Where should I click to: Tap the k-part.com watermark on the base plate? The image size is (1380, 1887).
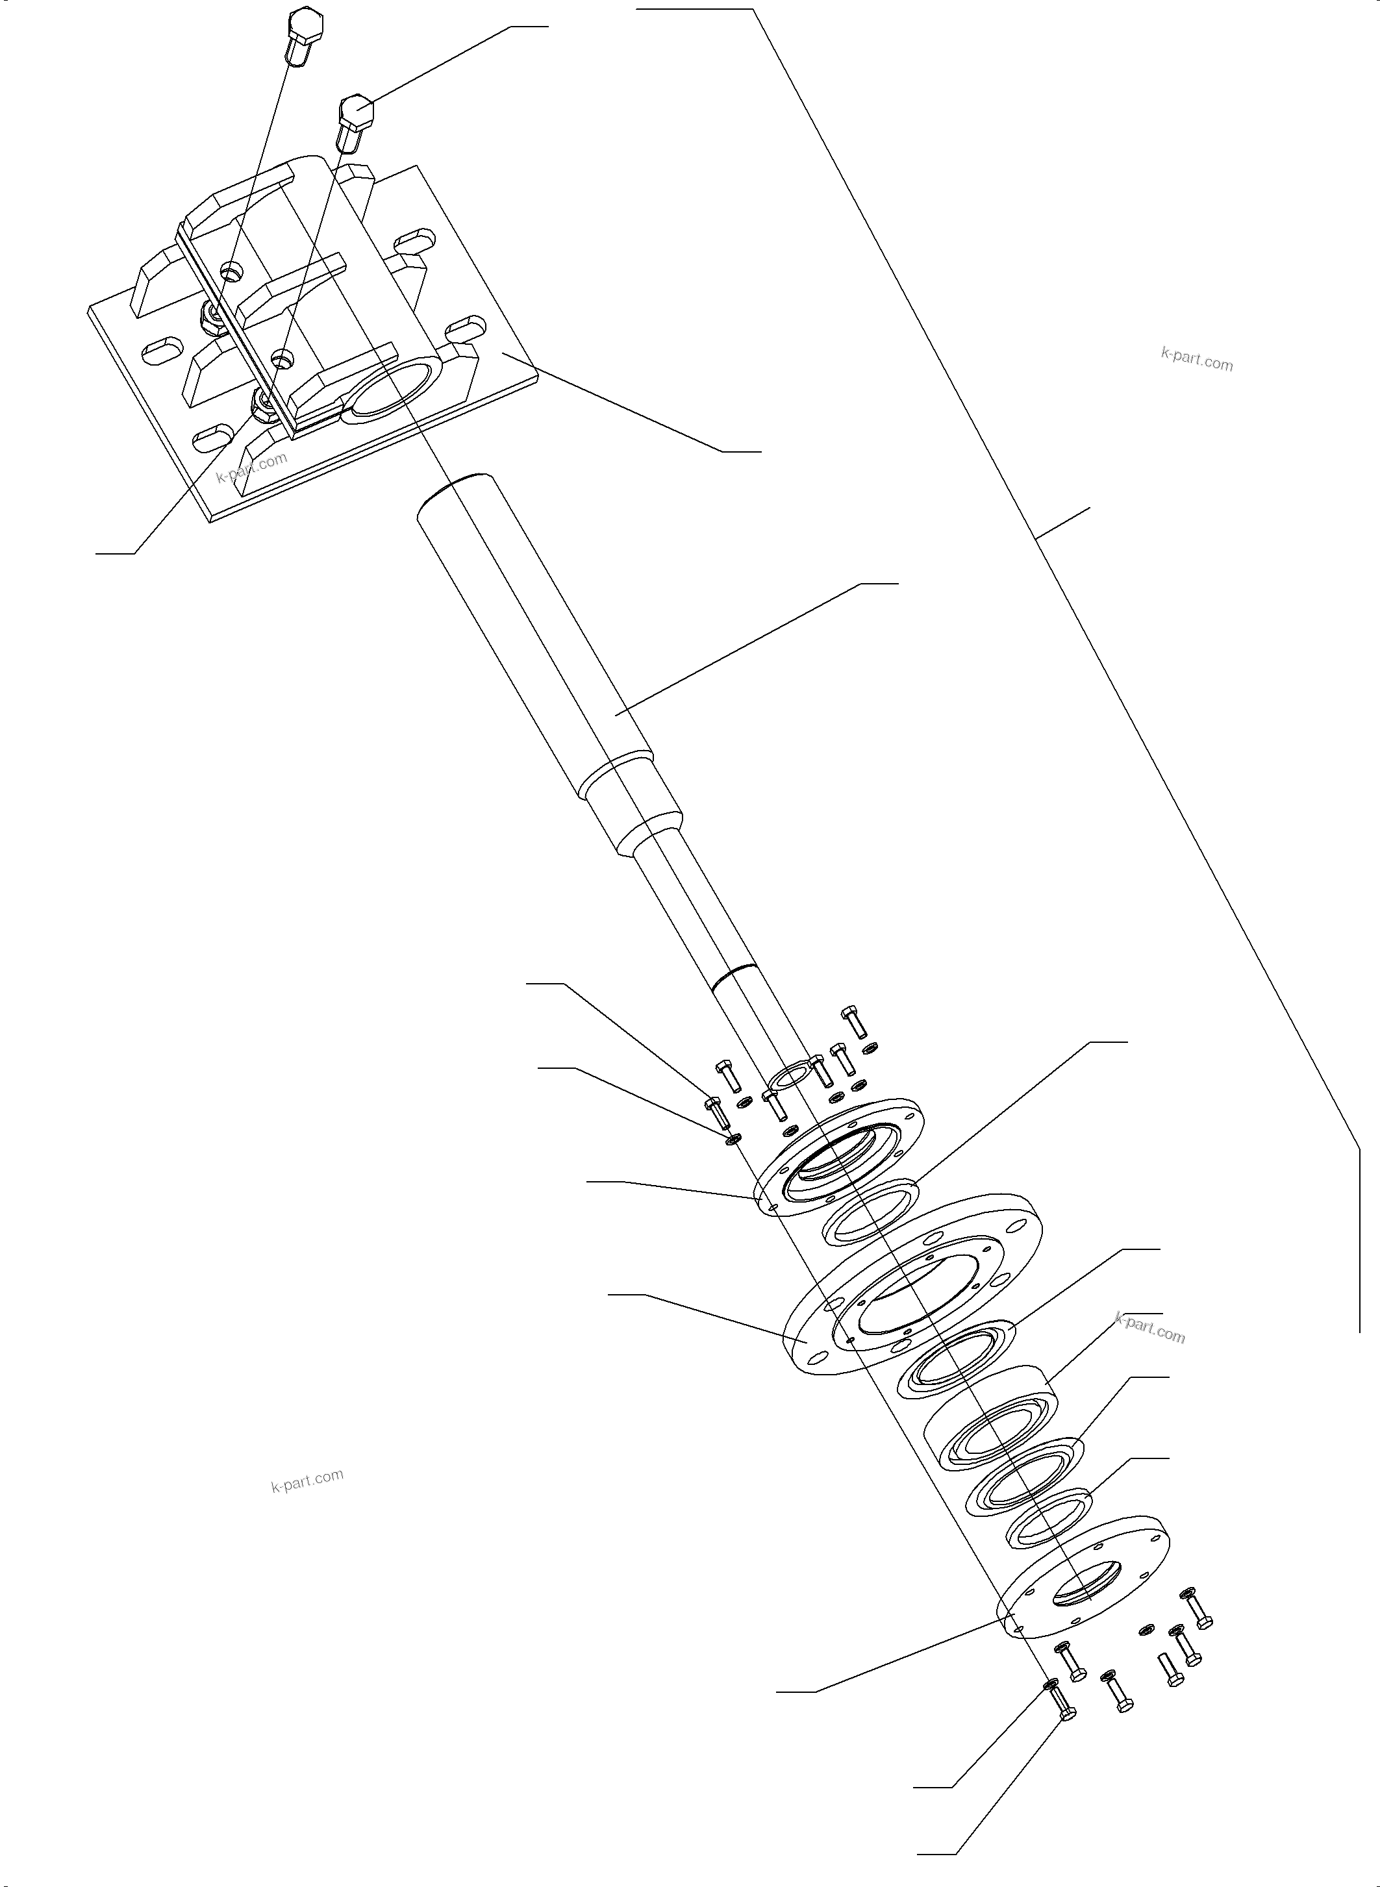[x=251, y=467]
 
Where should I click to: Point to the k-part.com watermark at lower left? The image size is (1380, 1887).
[x=307, y=1481]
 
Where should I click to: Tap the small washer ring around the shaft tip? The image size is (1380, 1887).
[x=786, y=1077]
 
